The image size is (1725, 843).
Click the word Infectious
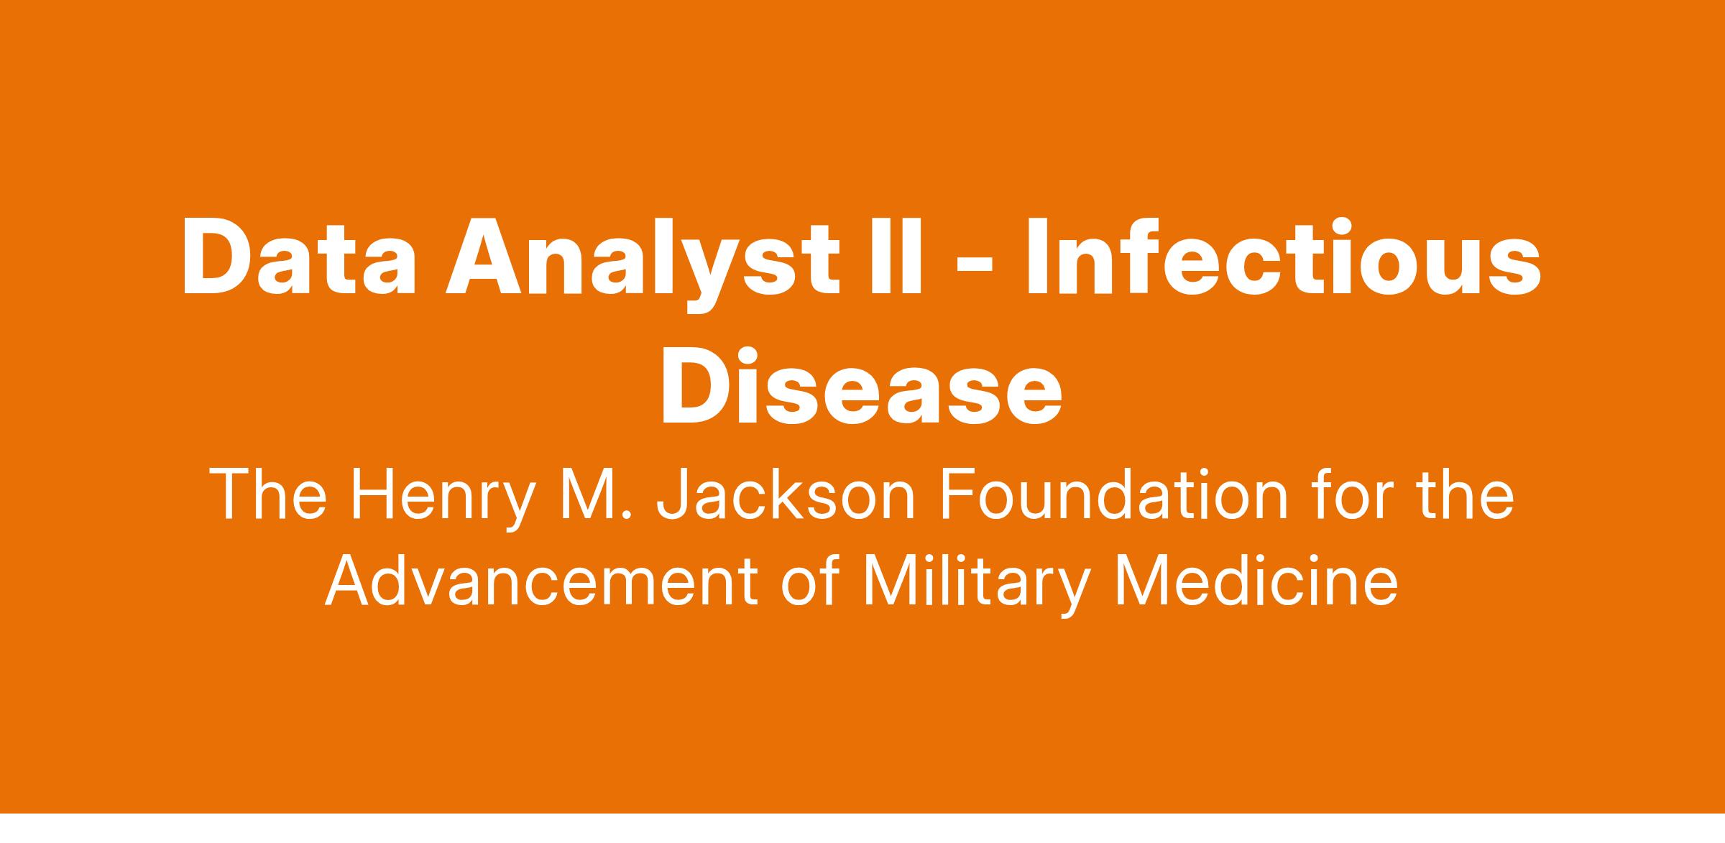pyautogui.click(x=1284, y=257)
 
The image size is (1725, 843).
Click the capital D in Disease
pyautogui.click(x=694, y=387)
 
